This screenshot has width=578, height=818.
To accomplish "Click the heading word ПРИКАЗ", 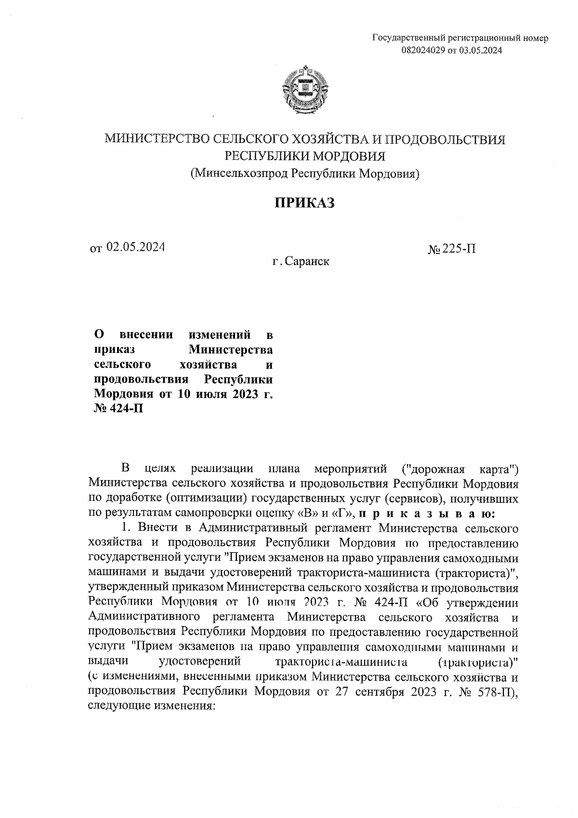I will [x=304, y=203].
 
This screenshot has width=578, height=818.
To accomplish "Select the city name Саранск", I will [x=307, y=262].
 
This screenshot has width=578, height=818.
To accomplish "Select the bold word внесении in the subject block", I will [x=143, y=334].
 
